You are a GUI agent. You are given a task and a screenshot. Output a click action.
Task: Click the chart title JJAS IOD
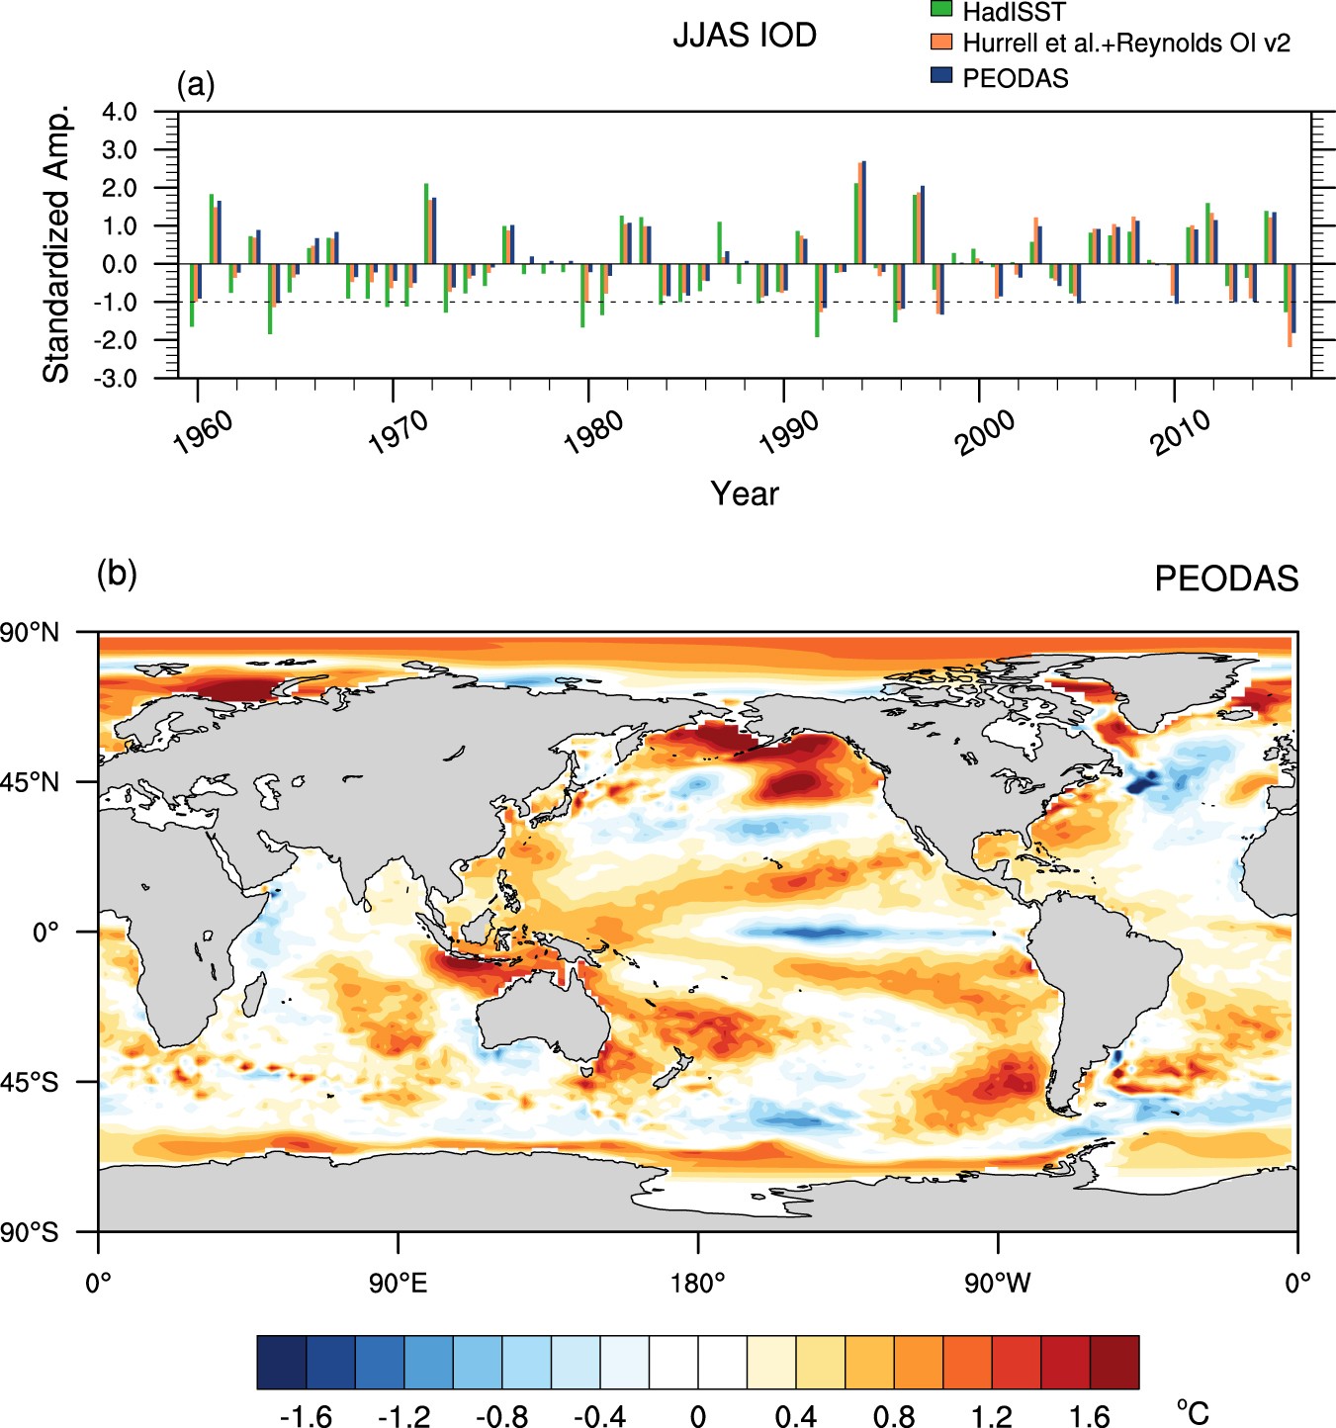(744, 36)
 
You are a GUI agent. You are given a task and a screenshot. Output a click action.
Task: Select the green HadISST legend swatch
(941, 10)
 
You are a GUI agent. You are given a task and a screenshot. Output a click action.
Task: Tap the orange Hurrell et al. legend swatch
(941, 43)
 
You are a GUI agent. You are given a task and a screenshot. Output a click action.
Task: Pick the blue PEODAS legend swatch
(941, 76)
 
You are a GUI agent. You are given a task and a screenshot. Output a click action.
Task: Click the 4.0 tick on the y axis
(120, 112)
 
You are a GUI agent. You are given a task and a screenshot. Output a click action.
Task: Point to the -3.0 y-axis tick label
(118, 378)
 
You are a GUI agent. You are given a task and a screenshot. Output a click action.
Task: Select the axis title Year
(744, 493)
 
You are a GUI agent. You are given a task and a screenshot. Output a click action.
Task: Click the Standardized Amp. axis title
(56, 243)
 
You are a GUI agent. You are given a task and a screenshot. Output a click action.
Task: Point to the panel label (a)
(195, 84)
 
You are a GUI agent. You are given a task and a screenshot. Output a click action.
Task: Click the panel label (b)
(117, 573)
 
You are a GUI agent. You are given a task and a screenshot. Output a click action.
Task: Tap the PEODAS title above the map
(1225, 579)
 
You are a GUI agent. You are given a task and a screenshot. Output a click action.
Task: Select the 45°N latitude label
(31, 782)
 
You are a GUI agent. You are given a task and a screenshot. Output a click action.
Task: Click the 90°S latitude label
(31, 1232)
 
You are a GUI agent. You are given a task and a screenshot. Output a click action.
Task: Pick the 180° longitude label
(698, 1284)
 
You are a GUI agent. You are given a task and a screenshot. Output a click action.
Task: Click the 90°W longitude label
(997, 1284)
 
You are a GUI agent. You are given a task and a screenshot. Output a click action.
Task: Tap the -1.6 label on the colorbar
(305, 1416)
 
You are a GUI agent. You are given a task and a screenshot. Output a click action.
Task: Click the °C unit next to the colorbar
(1193, 1412)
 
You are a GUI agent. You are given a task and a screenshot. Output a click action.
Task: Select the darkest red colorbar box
(1114, 1362)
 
